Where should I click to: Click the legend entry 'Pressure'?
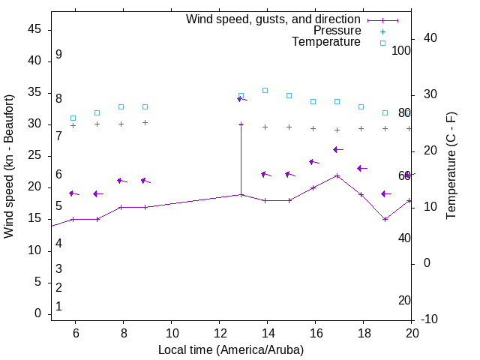click(x=337, y=31)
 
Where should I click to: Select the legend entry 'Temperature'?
click(x=326, y=42)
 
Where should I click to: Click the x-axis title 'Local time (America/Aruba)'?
click(x=231, y=349)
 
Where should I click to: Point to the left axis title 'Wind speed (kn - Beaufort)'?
click(x=9, y=166)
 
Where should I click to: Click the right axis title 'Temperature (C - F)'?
click(x=451, y=166)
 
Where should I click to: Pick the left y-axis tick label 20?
click(x=34, y=187)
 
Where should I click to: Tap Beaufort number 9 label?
click(x=58, y=55)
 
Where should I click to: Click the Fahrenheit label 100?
click(x=401, y=50)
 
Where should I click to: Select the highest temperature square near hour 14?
click(x=265, y=90)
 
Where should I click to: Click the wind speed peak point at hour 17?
click(x=337, y=175)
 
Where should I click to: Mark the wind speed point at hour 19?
click(x=385, y=219)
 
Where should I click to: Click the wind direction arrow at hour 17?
click(x=337, y=149)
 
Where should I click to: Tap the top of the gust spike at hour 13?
click(x=241, y=124)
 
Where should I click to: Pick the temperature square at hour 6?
click(x=73, y=118)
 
